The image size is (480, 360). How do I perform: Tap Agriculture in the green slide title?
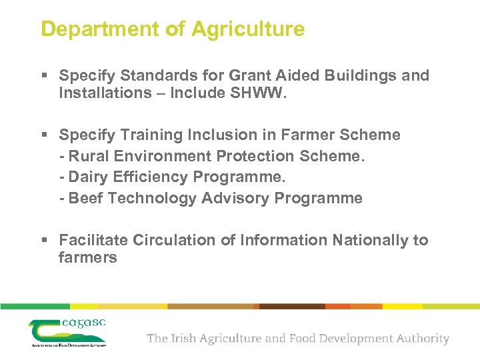pyautogui.click(x=248, y=29)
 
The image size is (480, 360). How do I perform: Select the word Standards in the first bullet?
pyautogui.click(x=153, y=76)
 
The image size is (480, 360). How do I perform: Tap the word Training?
pyautogui.click(x=149, y=135)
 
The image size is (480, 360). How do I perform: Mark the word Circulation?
pyautogui.click(x=175, y=240)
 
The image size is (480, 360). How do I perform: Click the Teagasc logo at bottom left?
pyautogui.click(x=67, y=332)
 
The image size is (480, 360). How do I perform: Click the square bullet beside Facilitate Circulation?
pyautogui.click(x=44, y=241)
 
